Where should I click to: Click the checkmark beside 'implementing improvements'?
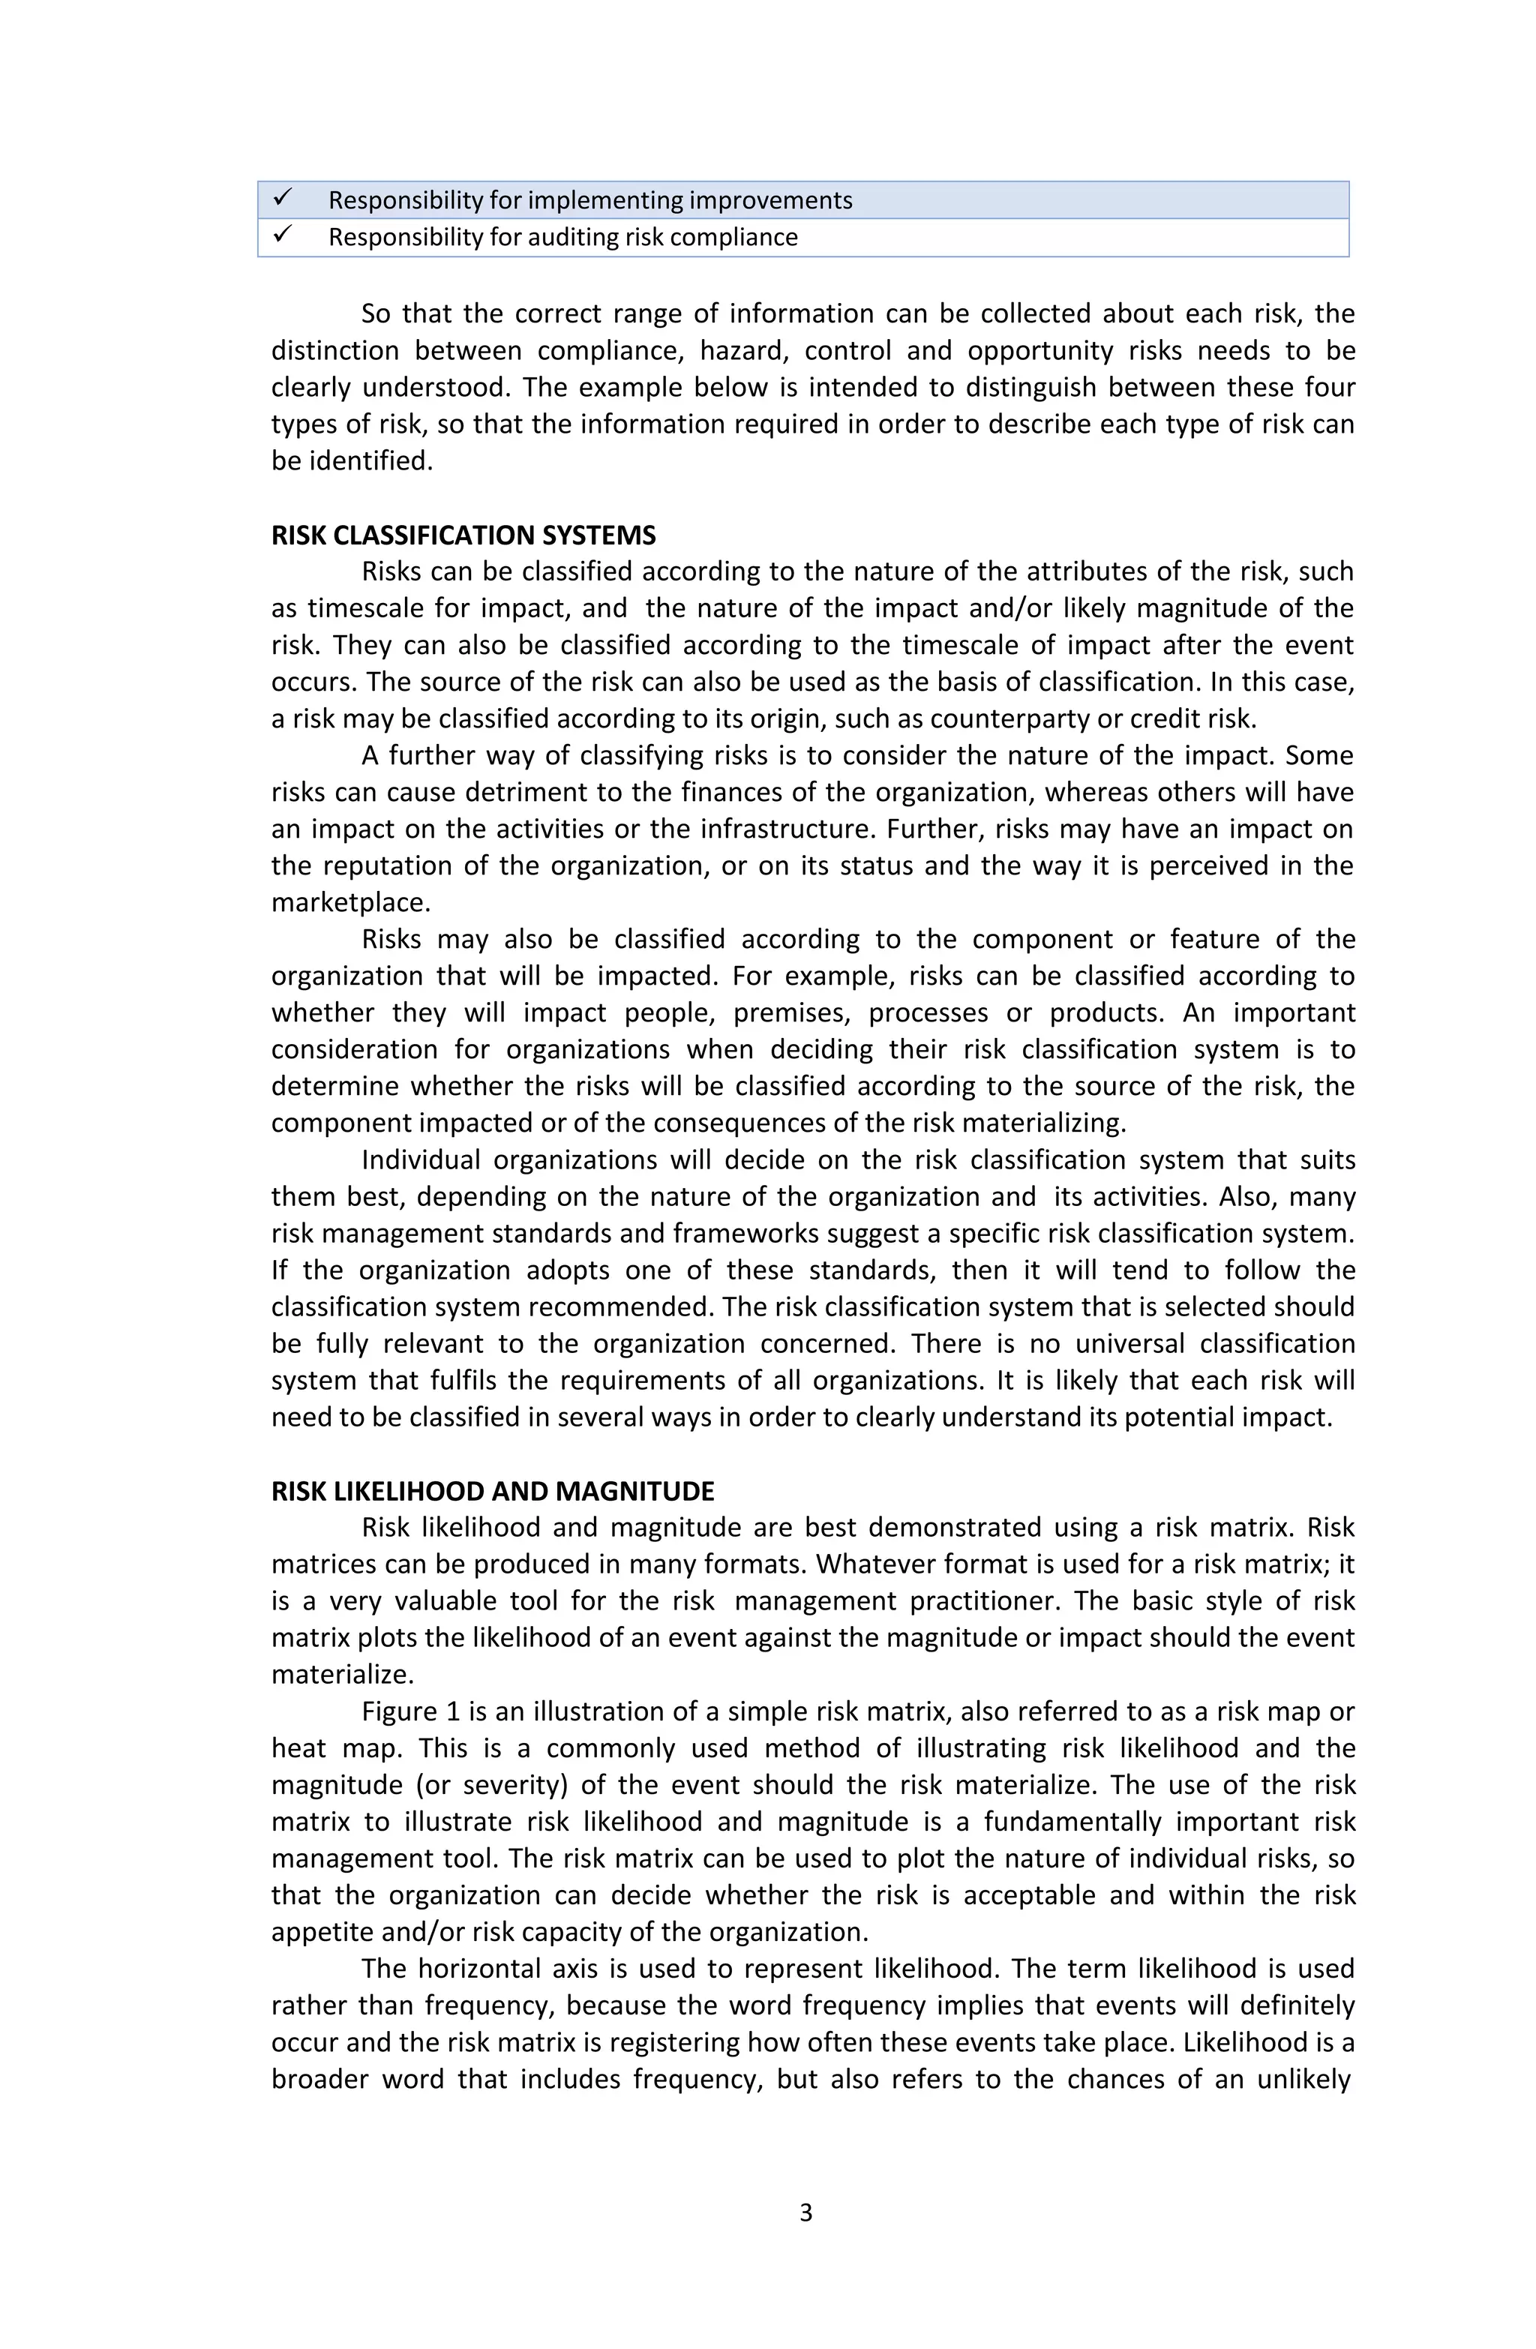282,199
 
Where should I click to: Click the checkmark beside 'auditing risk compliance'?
282,235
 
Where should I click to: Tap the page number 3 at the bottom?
805,2212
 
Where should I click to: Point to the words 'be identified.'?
352,461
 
